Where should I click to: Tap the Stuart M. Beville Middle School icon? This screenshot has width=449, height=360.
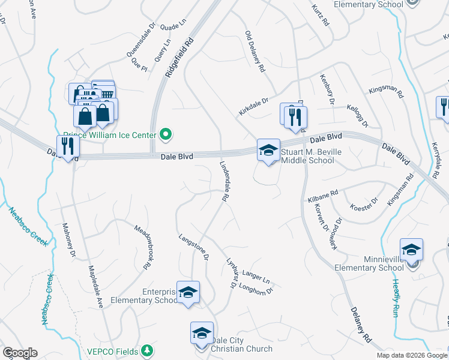[x=268, y=151]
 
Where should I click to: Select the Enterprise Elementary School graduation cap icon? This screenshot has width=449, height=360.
[x=188, y=292]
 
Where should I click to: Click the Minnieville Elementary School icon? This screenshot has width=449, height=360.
[x=412, y=250]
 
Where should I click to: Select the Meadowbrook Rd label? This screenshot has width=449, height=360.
[x=142, y=246]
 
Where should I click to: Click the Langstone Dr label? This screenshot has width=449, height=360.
[x=193, y=247]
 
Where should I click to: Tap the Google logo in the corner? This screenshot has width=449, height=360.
[x=20, y=353]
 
